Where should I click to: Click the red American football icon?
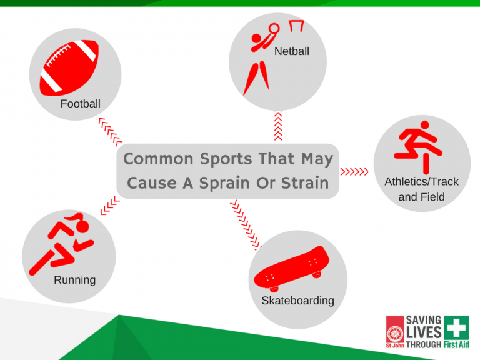[69, 67]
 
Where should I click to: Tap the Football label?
[80, 104]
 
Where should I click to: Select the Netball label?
[292, 51]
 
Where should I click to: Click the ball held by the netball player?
[274, 29]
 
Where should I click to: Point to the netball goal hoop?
[297, 26]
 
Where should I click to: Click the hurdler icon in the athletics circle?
[418, 147]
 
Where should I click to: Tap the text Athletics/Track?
[421, 181]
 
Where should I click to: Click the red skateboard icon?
[292, 269]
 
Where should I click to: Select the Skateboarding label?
[297, 301]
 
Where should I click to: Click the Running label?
[75, 280]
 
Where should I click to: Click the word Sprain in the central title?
[224, 183]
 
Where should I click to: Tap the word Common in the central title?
[158, 159]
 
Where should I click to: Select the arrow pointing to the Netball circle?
[278, 126]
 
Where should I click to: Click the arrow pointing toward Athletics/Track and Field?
[354, 171]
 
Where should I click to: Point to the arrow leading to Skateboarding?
[246, 225]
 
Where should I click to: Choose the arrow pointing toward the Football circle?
[110, 132]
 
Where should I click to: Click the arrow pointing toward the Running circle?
[109, 205]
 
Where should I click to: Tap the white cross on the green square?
[456, 328]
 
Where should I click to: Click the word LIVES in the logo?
[424, 332]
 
